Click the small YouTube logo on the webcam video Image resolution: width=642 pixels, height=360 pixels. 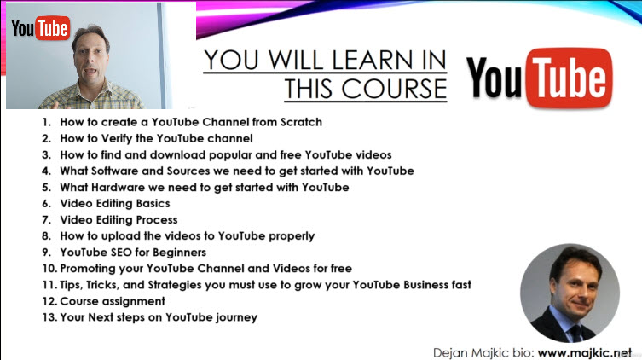[x=41, y=28]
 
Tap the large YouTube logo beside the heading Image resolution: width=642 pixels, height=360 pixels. [x=539, y=78]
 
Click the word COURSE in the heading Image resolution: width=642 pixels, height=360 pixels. [x=394, y=89]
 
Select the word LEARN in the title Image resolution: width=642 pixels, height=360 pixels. [x=373, y=60]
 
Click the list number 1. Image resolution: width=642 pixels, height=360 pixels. [x=46, y=122]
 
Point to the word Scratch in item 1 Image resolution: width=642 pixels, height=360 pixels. [x=301, y=122]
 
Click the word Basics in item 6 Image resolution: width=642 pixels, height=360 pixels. [x=153, y=204]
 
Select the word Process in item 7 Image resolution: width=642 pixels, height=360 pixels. [x=156, y=220]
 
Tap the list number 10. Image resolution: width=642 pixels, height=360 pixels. [x=49, y=269]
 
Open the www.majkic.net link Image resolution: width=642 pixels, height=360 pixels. [x=584, y=353]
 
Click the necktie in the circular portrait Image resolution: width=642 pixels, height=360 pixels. [x=577, y=333]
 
